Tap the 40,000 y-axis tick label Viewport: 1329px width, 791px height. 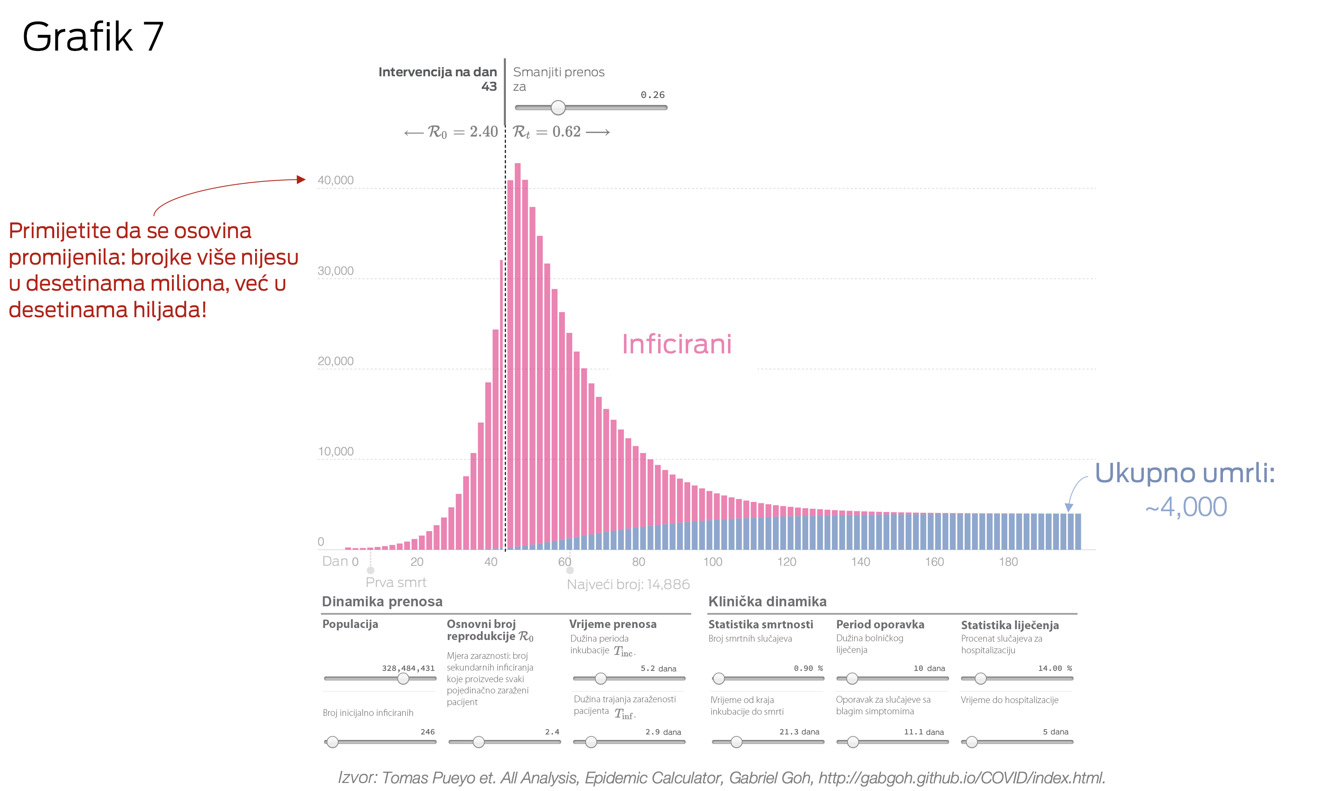[335, 180]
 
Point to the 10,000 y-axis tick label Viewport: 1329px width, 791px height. [335, 451]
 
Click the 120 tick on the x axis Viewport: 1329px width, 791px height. [787, 562]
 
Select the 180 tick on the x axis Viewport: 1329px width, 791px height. [1008, 562]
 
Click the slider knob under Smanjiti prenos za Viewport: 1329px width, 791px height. [558, 108]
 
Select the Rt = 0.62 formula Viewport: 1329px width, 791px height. [547, 132]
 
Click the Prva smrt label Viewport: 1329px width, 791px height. [396, 583]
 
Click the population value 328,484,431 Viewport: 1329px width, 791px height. [408, 669]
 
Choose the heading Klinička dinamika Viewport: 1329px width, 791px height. [767, 602]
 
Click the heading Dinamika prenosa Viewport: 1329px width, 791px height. [382, 602]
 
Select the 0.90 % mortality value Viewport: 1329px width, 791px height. [808, 669]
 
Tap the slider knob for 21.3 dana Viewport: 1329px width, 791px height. [736, 742]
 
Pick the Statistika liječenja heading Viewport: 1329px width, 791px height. [1010, 625]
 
